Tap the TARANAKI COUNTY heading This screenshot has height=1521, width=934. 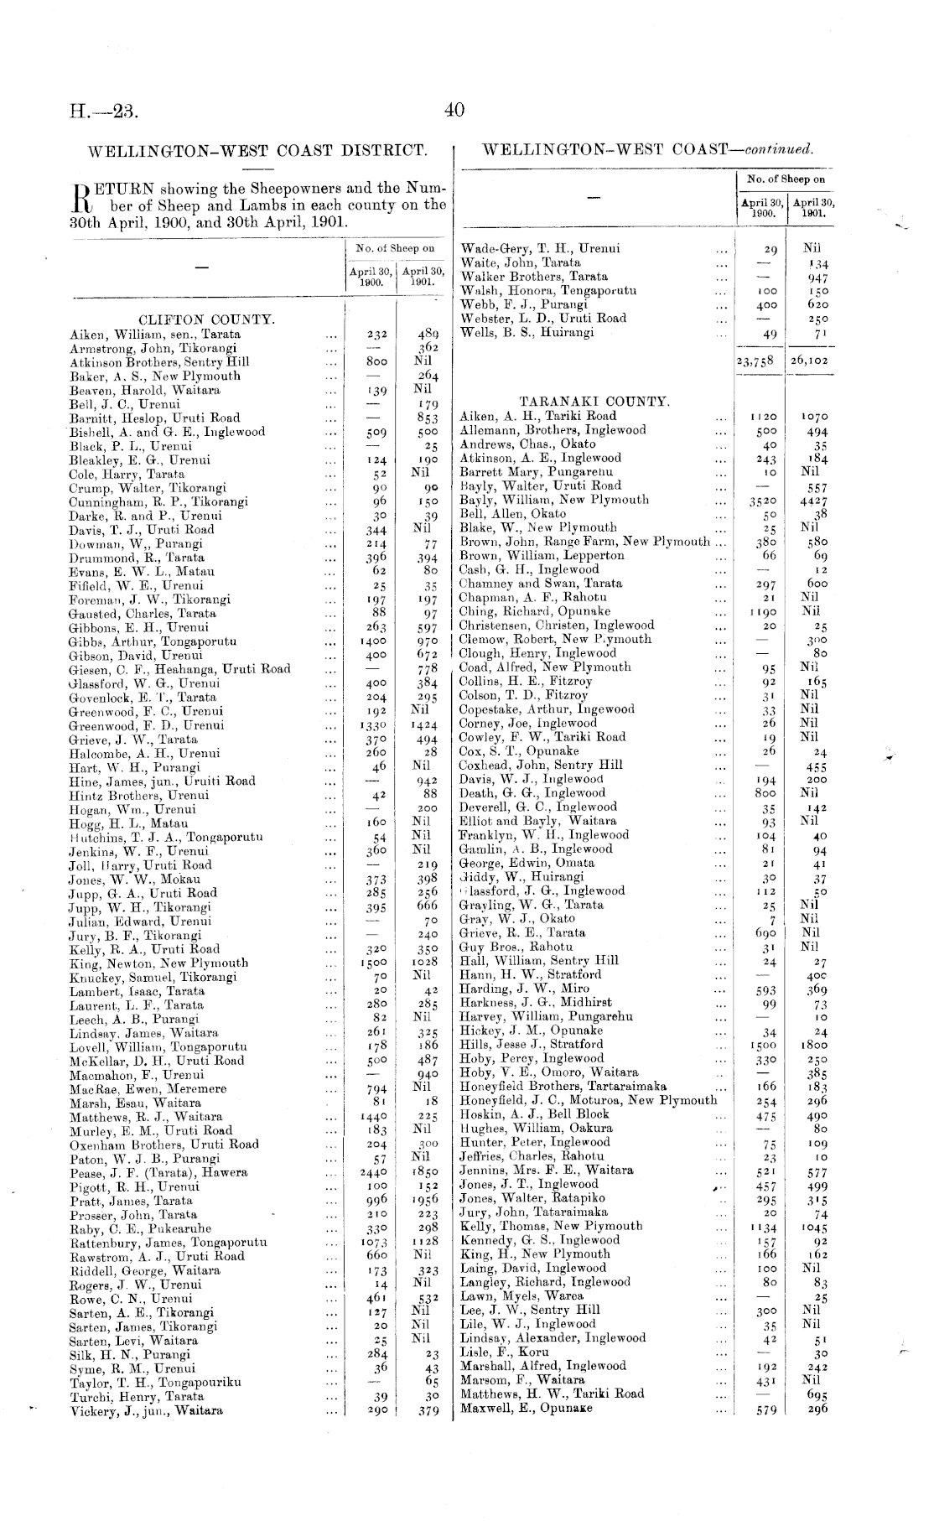click(594, 402)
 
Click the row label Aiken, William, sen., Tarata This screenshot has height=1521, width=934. click(154, 334)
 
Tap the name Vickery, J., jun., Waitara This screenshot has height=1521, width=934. click(146, 1410)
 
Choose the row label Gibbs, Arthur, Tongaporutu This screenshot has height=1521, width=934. click(153, 641)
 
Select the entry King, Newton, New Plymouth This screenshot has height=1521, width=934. click(158, 963)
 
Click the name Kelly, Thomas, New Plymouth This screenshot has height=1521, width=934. click(551, 1226)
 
